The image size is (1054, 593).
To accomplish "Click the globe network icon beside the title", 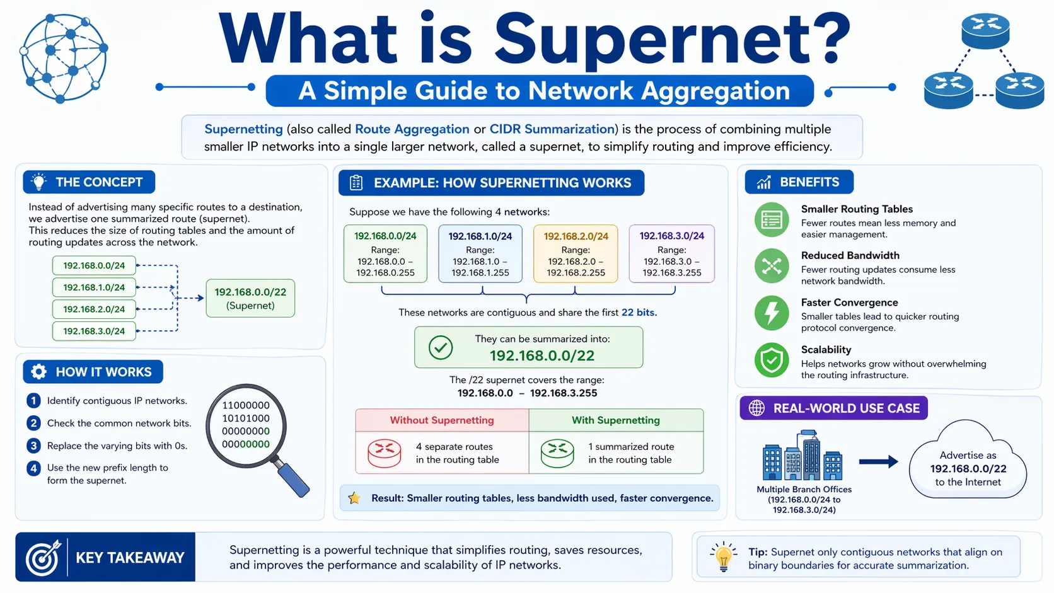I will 63,58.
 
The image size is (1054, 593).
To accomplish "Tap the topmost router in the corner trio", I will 985,31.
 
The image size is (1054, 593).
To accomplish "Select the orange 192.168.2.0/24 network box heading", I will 576,236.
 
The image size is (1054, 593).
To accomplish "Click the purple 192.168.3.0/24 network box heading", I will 671,236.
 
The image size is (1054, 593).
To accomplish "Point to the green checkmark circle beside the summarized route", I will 441,347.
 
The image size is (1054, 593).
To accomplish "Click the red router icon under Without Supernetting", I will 385,453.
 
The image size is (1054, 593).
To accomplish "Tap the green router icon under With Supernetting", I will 557,453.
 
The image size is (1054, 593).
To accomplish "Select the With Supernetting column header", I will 615,420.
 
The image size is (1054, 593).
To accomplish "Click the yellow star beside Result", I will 354,498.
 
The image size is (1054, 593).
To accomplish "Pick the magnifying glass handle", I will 293,479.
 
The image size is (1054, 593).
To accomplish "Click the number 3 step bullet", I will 34,446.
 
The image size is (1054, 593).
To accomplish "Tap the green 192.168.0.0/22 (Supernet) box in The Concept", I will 250,299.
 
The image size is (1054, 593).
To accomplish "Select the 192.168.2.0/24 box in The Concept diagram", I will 94,309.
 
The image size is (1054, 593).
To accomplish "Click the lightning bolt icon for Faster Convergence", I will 772,313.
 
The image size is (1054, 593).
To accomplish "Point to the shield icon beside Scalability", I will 772,360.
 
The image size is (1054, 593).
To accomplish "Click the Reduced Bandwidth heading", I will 850,255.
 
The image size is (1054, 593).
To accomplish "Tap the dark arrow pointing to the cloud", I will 878,462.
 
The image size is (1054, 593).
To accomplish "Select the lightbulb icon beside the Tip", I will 724,556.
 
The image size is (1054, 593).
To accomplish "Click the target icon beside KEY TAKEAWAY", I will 43,558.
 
